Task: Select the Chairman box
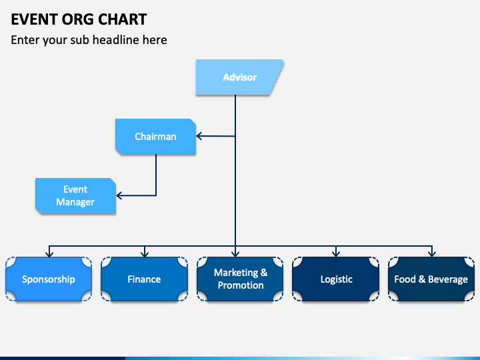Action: tap(155, 137)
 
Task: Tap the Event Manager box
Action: tap(75, 195)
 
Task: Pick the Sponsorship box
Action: tap(49, 279)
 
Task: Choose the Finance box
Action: tap(144, 279)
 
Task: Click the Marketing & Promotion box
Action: tap(240, 279)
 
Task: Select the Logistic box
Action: tap(336, 279)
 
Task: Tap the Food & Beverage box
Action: tap(431, 279)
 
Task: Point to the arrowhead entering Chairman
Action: tap(199, 136)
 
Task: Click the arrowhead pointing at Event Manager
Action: tap(119, 195)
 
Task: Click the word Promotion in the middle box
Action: tap(241, 285)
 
